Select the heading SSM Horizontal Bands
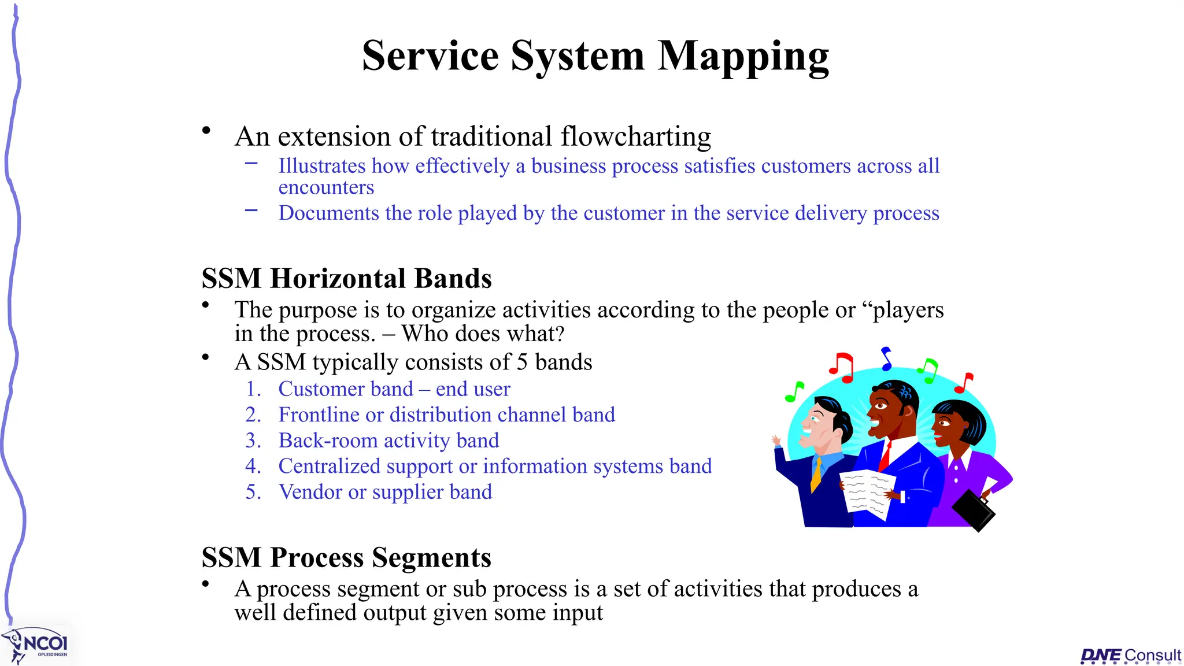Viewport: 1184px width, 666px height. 346,279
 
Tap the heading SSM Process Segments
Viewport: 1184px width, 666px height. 346,558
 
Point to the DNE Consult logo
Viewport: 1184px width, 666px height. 1130,656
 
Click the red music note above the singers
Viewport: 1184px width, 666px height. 842,368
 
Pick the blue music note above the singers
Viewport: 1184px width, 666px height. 886,358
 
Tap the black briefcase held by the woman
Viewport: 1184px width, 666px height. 974,510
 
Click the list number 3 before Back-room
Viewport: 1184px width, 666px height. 253,441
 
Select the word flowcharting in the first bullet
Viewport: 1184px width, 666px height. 635,137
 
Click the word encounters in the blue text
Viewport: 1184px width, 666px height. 326,187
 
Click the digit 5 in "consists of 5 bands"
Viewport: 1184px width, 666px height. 522,362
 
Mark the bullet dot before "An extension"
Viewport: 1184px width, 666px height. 206,131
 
